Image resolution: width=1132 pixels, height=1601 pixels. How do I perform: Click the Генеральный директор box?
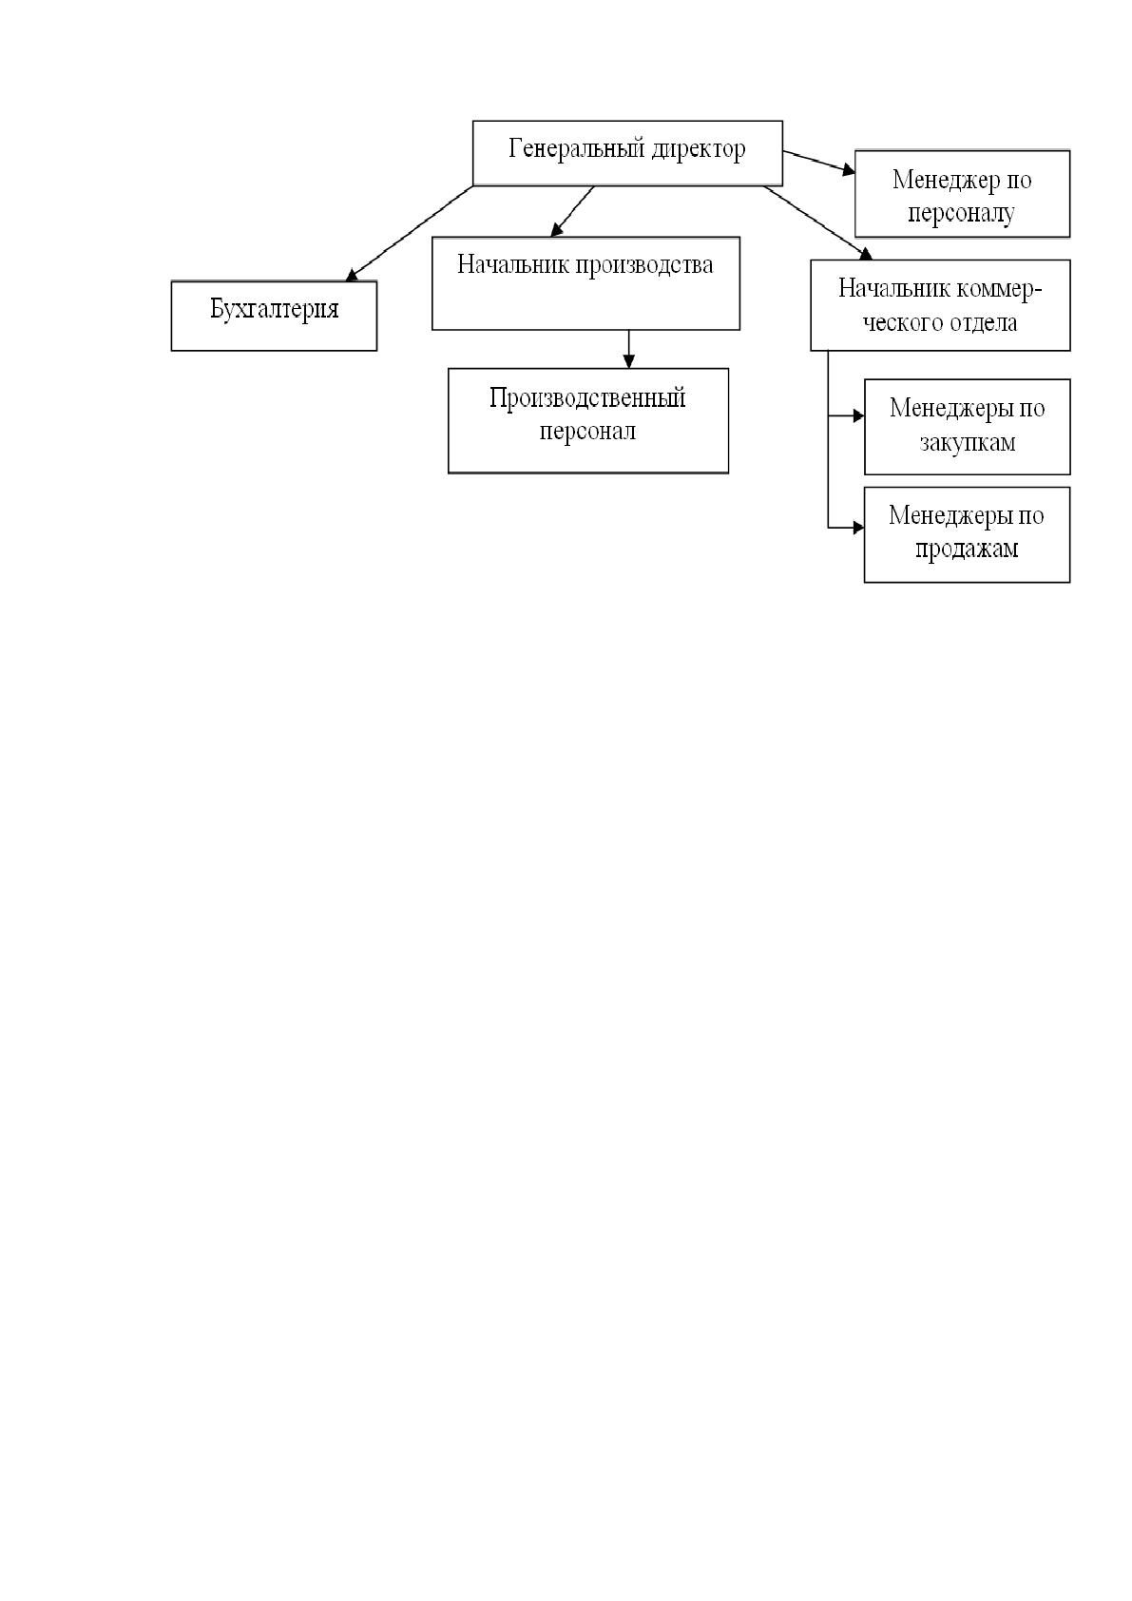pos(627,153)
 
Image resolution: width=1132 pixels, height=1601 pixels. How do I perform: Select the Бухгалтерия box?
pos(274,316)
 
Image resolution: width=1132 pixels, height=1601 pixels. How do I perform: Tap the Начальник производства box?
pos(585,283)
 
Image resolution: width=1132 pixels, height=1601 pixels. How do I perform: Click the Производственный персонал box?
pos(588,420)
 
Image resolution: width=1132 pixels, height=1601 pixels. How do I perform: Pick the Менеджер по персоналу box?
pos(962,193)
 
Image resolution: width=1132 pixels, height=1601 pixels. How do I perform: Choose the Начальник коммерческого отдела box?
pos(940,305)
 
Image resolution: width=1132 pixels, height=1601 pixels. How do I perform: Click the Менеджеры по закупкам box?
pos(967,427)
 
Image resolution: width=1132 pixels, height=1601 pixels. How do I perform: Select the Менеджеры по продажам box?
pos(967,534)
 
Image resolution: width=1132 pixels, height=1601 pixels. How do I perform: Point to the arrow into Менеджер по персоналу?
pos(819,162)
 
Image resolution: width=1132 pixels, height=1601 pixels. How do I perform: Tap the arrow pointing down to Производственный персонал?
pos(629,349)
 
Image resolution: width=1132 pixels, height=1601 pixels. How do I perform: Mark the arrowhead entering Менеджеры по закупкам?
pos(858,415)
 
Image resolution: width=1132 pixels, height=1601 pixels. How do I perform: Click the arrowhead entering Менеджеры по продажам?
pos(858,529)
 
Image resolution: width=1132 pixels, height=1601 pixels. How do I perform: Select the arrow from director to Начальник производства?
pos(572,211)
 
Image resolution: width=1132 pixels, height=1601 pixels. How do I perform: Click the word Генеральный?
pos(570,149)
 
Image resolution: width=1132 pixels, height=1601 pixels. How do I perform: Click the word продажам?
pos(967,550)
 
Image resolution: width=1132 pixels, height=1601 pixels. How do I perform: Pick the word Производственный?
pos(587,398)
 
